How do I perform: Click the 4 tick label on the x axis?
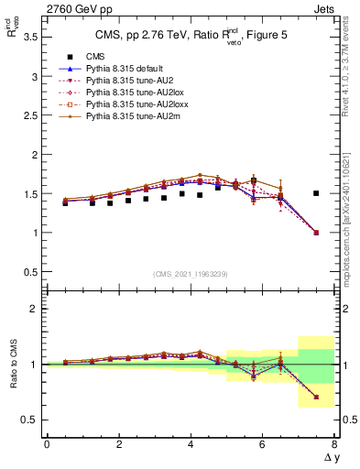[191, 444]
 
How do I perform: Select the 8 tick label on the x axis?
[334, 444]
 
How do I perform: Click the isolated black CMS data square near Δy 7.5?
[316, 193]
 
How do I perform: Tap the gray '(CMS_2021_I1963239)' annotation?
[191, 274]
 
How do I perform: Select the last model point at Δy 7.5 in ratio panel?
[316, 397]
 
